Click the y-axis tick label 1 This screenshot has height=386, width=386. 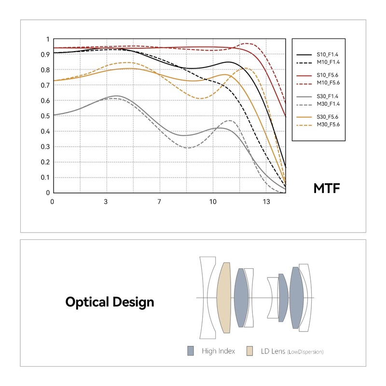click(47, 39)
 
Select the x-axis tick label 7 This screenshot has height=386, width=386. click(159, 202)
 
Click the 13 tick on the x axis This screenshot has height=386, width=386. click(266, 202)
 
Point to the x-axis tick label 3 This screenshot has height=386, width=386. click(106, 202)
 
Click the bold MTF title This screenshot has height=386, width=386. click(327, 188)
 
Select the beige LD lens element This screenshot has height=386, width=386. click(224, 297)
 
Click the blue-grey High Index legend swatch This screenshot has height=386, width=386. click(191, 351)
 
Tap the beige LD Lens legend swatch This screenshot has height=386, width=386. click(249, 351)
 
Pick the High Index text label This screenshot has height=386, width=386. click(218, 351)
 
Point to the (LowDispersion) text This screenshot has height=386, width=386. click(305, 352)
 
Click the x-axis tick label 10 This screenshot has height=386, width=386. click(212, 202)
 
